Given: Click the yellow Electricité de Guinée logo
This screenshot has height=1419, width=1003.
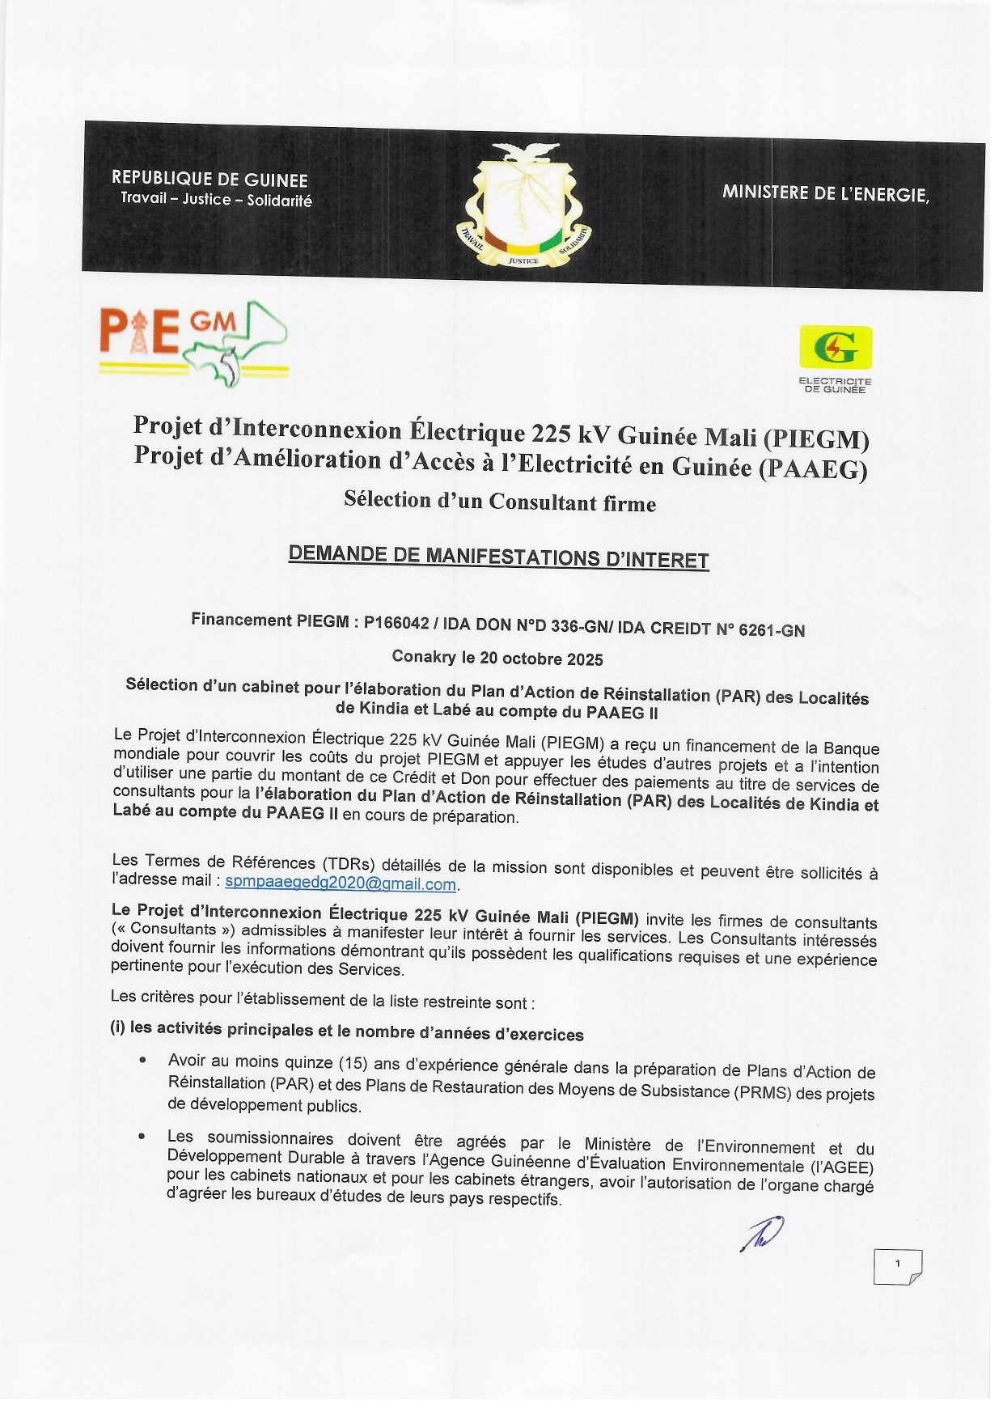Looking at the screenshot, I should [x=836, y=347].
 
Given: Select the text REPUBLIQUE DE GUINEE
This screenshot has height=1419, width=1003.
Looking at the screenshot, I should [x=209, y=179].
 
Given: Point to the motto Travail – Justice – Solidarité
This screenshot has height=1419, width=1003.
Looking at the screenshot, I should [x=216, y=199].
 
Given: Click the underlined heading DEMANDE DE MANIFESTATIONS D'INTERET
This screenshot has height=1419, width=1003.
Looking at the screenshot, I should [x=498, y=557].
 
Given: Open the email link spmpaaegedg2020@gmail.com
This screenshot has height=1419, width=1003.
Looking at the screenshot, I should [x=341, y=883].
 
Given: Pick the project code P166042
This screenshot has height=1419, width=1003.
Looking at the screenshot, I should [x=396, y=623].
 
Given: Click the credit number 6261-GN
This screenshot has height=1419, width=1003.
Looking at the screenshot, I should [x=771, y=630].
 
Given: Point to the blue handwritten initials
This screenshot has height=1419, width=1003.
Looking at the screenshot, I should [x=762, y=1235].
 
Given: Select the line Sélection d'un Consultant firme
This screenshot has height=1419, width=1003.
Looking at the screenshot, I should [x=500, y=502].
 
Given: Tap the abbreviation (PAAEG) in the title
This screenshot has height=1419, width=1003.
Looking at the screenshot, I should [x=812, y=470].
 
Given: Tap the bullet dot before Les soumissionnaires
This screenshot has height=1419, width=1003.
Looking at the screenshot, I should [x=142, y=1137].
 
